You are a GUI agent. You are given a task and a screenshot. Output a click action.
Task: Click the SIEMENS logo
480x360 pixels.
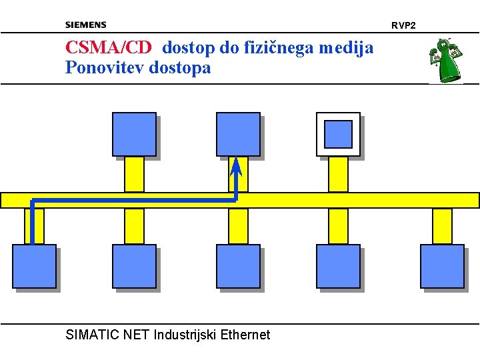tap(85, 25)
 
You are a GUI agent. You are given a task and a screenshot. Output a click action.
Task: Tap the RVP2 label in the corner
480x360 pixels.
tap(403, 25)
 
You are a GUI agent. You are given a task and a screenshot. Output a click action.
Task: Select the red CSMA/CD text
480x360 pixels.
tap(109, 47)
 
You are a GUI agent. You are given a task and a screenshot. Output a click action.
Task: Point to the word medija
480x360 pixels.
tap(346, 47)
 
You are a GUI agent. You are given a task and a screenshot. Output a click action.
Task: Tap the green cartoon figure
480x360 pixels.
tap(445, 60)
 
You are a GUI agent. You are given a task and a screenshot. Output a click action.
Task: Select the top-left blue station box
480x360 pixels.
tap(134, 134)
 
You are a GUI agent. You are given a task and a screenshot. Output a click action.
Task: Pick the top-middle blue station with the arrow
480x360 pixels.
tap(238, 134)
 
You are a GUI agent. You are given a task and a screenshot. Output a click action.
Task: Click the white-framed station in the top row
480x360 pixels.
tap(338, 134)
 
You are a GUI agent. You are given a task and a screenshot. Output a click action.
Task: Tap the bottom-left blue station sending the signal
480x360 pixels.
tap(34, 267)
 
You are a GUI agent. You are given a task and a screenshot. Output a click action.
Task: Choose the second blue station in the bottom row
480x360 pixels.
tap(134, 267)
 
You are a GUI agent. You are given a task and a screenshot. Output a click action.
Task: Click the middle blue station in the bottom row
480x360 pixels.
tap(238, 267)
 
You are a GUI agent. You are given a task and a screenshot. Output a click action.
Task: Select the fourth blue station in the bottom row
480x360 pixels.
tap(338, 267)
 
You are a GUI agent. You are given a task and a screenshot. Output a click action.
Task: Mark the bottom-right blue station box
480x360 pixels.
tap(442, 267)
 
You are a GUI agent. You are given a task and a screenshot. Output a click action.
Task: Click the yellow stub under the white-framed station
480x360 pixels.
tap(338, 174)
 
